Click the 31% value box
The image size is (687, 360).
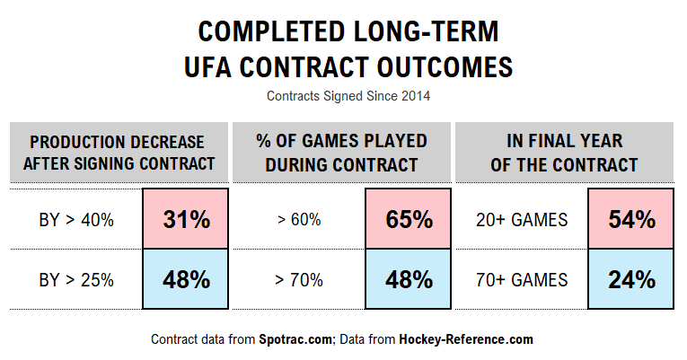tap(186, 219)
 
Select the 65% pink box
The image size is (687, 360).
tap(409, 219)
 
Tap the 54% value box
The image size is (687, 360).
tap(630, 219)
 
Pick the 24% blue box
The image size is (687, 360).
tap(630, 279)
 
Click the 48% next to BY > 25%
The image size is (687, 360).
tap(186, 279)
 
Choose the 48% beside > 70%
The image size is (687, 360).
tap(409, 279)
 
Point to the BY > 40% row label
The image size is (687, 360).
tap(76, 220)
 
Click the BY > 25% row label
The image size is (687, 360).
tap(76, 280)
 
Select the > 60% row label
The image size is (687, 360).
tap(298, 220)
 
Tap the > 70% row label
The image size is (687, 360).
tap(298, 280)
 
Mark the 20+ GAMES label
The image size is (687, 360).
tap(521, 220)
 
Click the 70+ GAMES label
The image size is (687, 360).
tap(521, 280)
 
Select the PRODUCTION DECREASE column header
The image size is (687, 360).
tap(117, 153)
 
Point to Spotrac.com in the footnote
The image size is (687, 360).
tap(298, 339)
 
